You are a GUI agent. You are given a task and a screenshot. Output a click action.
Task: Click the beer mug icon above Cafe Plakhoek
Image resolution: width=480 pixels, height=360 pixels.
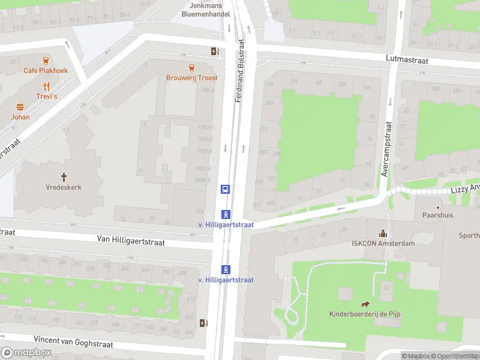point(46,60)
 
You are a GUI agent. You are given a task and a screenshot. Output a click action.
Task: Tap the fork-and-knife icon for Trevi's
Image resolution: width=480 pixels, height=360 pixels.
point(46,86)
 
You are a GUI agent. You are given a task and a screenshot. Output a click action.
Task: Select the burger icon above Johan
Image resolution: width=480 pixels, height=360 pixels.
point(20,107)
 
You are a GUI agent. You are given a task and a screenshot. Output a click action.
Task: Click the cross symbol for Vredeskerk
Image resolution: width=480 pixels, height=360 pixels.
point(64,176)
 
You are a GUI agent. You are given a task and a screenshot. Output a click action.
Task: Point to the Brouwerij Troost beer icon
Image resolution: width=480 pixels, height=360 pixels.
point(191,68)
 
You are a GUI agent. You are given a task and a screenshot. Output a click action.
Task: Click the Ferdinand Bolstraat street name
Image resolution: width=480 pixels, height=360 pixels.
point(241,71)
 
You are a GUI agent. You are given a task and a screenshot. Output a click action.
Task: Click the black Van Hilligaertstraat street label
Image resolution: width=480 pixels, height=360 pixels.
point(131,239)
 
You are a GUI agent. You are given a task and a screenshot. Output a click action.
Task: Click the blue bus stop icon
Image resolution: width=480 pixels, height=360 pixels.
point(225,189)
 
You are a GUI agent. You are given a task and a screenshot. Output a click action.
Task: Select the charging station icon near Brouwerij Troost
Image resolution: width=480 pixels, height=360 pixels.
point(214,52)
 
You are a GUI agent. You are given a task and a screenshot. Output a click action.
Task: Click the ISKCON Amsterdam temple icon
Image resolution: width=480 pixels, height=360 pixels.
point(382,233)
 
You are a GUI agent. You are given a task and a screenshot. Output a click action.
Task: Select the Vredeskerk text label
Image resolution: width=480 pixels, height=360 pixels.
point(64,187)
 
